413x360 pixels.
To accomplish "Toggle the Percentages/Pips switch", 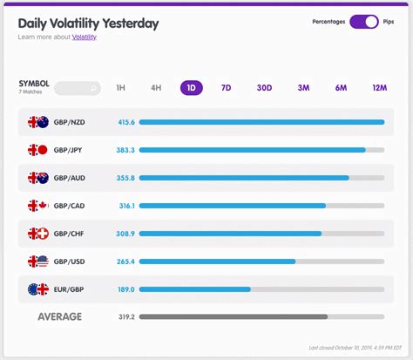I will click(363, 22).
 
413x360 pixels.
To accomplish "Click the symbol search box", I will click(77, 88).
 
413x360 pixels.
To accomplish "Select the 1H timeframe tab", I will click(120, 88).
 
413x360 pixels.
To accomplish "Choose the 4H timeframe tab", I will click(156, 88).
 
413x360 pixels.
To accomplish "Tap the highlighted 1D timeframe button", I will click(191, 88).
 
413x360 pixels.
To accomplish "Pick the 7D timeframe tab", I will click(226, 88).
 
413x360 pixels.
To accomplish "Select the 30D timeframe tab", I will click(264, 88).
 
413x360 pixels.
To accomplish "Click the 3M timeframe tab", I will click(303, 88).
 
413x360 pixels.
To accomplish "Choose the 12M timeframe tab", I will click(379, 88).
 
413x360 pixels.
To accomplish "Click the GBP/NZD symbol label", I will click(70, 122).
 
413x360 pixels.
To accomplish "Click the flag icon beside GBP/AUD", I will click(37, 178).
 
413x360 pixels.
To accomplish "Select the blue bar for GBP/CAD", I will click(232, 206).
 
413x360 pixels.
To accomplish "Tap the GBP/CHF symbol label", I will click(70, 234).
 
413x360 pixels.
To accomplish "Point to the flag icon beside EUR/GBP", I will click(37, 289).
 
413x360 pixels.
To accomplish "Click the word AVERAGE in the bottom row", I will click(59, 316).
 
